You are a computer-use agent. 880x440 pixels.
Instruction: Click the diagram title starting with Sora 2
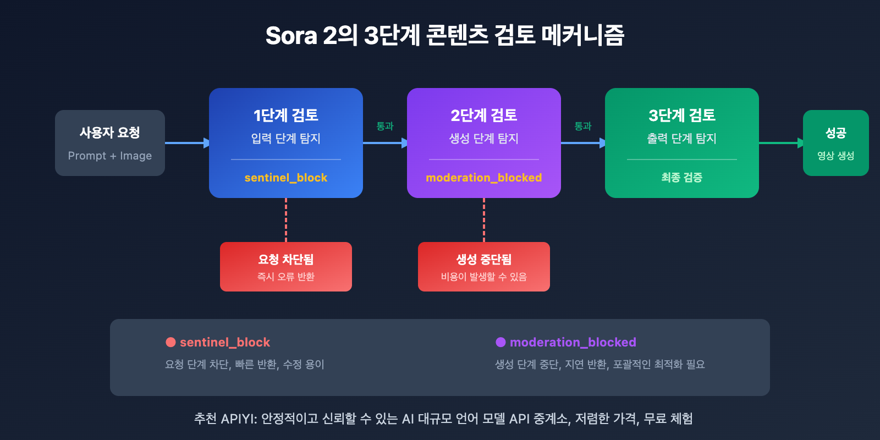(x=444, y=36)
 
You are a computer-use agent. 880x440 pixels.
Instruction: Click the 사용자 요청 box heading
(x=110, y=133)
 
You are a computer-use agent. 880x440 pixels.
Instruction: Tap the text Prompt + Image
(x=110, y=156)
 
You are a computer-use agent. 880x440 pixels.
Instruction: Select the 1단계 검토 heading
(x=286, y=116)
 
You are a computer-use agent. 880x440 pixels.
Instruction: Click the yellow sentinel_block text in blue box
(x=286, y=178)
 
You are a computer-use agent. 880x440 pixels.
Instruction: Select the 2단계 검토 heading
(x=484, y=116)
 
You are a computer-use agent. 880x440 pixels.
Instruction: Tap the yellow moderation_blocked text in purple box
(x=484, y=178)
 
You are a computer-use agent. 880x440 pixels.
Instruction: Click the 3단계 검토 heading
(x=682, y=116)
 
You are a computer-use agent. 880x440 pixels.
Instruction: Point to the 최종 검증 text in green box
(x=682, y=177)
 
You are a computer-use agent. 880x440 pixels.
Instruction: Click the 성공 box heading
(x=835, y=133)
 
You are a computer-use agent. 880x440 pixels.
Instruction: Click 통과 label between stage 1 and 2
(x=385, y=126)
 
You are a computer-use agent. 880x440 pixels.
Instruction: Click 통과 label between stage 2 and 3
(x=583, y=126)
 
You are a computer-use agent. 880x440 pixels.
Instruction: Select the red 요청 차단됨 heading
(x=286, y=259)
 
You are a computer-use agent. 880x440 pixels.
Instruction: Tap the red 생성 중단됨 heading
(x=484, y=259)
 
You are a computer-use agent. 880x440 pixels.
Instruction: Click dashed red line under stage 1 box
(x=286, y=220)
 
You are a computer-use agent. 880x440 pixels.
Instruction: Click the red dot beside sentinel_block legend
(x=170, y=342)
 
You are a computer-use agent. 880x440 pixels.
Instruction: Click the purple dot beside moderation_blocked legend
(x=501, y=342)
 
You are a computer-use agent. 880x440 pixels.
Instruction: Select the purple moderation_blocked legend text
(x=573, y=342)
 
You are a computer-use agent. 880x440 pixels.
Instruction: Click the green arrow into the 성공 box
(x=781, y=143)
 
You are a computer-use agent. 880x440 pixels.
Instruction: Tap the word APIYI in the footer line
(x=238, y=419)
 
